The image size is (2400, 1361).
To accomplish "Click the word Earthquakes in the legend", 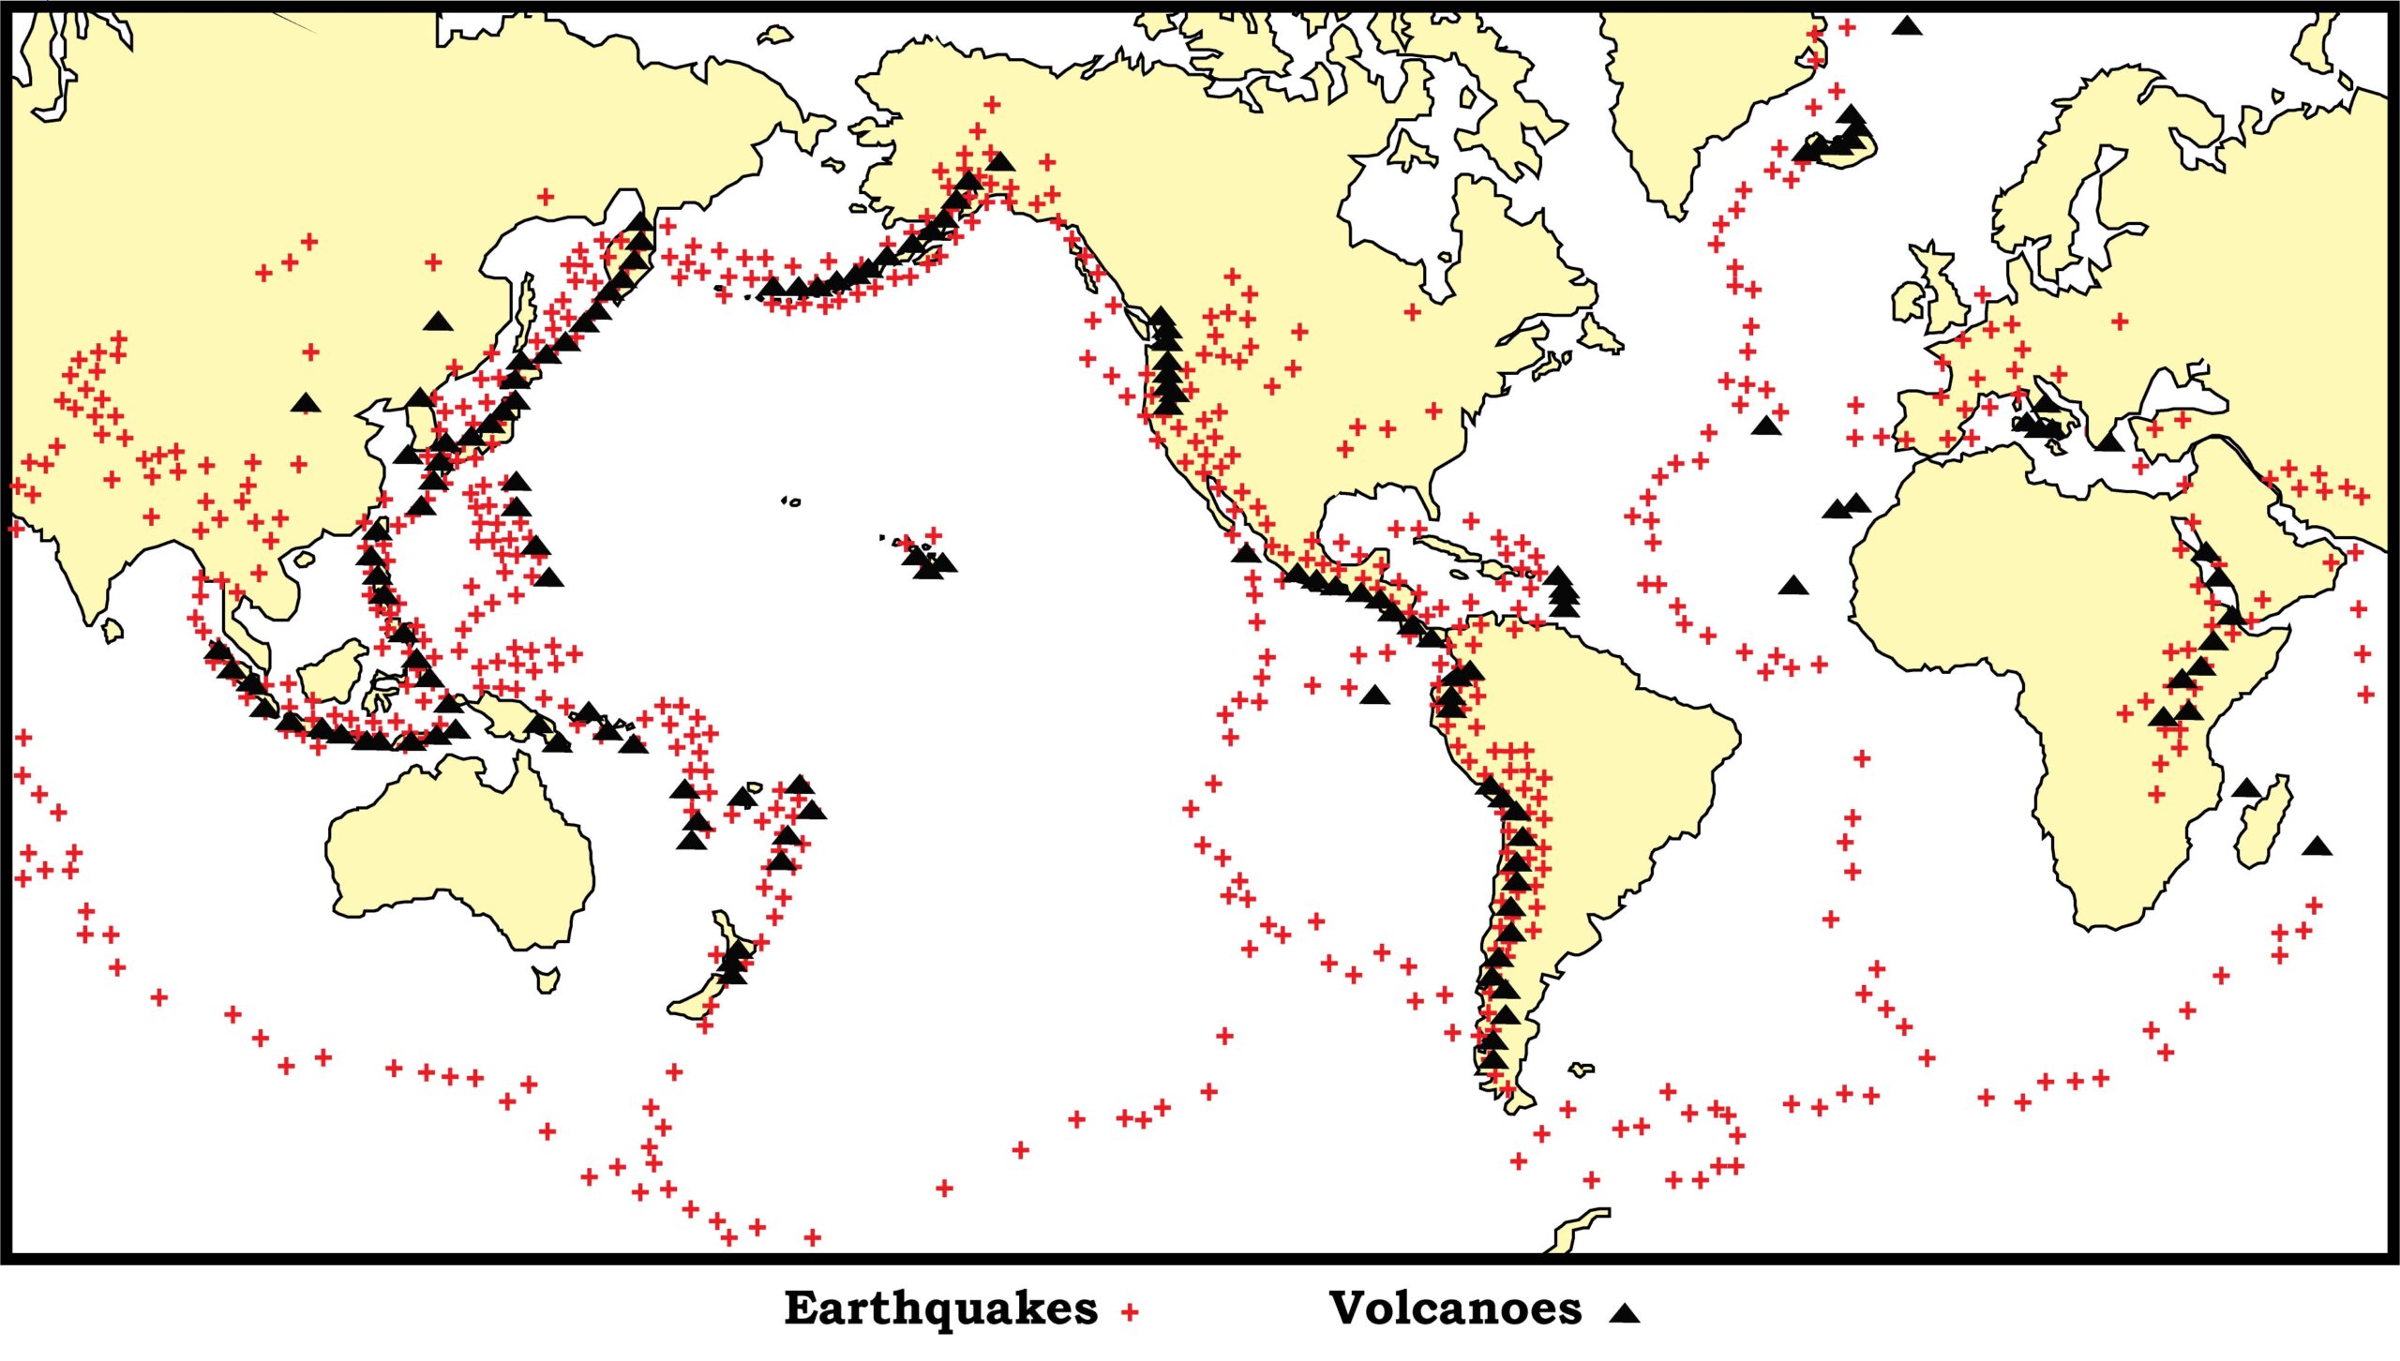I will tap(940, 1309).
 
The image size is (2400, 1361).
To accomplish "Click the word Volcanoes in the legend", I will tap(1455, 1309).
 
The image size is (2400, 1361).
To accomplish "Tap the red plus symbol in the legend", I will tap(1130, 1312).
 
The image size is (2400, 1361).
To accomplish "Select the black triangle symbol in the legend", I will tap(1625, 1313).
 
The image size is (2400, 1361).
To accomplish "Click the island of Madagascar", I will tap(2263, 825).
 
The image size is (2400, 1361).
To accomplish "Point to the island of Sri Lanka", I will tap(112, 630).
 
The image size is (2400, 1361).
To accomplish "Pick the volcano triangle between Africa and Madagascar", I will tap(2245, 788).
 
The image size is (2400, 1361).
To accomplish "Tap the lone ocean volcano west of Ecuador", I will tap(1374, 695).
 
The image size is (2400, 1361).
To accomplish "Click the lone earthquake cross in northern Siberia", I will tap(546, 197).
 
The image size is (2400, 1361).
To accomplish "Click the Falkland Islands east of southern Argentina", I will tap(1582, 1069).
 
